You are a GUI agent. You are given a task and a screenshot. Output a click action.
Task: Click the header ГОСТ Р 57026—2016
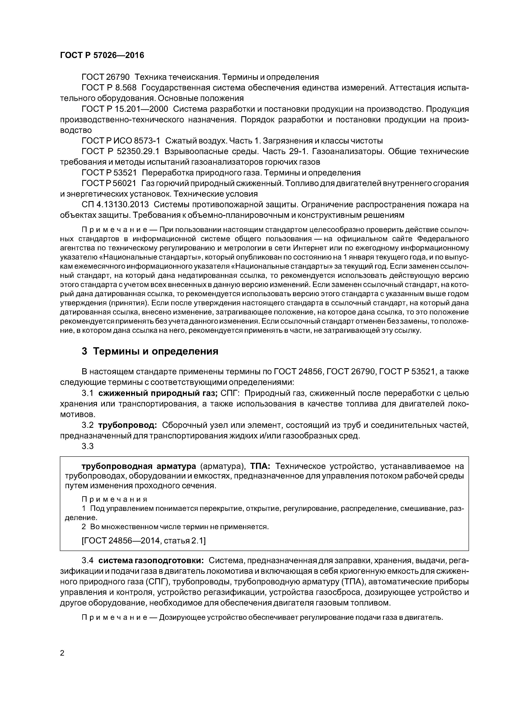pyautogui.click(x=102, y=55)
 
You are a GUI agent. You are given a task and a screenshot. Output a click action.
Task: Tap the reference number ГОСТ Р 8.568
pyautogui.click(x=109, y=88)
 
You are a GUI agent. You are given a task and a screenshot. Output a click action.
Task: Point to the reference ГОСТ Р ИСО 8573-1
pyautogui.click(x=121, y=141)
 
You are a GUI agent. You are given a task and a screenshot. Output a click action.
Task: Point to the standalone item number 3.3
pyautogui.click(x=87, y=446)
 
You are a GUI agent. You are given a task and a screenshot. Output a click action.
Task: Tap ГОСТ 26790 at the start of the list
pyautogui.click(x=105, y=77)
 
